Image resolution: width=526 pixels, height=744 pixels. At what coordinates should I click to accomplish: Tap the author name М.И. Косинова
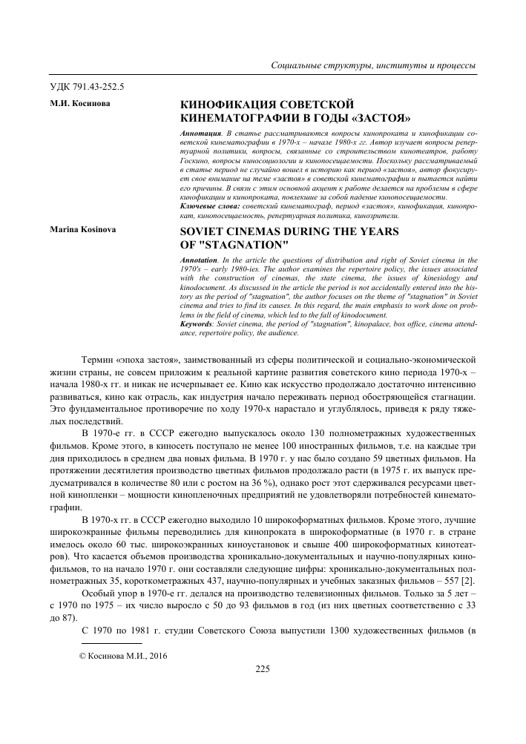click(79, 105)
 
